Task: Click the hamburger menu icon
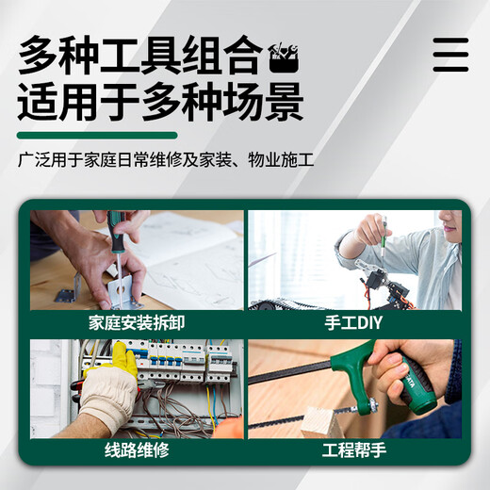click(450, 55)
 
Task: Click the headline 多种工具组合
click(140, 55)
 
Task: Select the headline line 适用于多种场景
click(160, 102)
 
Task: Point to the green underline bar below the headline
click(97, 136)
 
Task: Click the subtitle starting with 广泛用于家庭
click(166, 159)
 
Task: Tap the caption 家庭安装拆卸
click(137, 323)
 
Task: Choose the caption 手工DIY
click(353, 323)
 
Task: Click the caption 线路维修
click(137, 449)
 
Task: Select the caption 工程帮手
click(354, 449)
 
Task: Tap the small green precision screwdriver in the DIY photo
click(384, 233)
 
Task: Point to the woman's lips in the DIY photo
click(448, 224)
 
